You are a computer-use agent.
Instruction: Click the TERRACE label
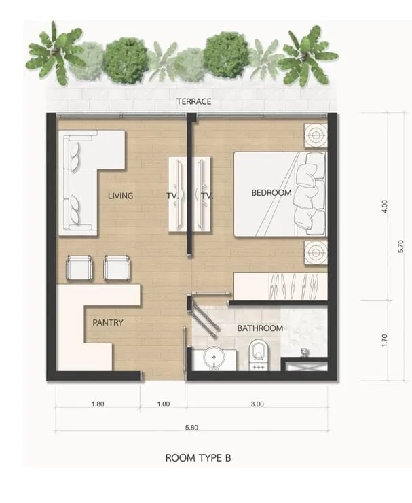[x=194, y=101]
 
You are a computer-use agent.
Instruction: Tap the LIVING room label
[x=120, y=196]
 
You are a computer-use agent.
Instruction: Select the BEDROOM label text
[x=271, y=193]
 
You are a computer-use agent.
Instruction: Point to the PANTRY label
[x=108, y=322]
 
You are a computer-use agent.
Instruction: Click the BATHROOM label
[x=260, y=328]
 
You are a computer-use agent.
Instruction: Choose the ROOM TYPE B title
[x=198, y=457]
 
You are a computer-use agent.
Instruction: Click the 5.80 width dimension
[x=191, y=428]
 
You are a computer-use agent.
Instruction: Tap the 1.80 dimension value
[x=98, y=404]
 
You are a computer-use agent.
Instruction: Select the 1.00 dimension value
[x=164, y=404]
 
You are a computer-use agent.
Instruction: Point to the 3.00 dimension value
[x=257, y=404]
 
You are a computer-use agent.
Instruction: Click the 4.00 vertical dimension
[x=385, y=206]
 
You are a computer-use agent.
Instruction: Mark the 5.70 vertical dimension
[x=401, y=246]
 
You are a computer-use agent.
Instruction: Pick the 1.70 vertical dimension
[x=385, y=341]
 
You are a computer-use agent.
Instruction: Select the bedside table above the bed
[x=316, y=135]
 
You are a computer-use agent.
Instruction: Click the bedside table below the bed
[x=316, y=253]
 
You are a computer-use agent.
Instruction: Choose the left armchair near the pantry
[x=80, y=267]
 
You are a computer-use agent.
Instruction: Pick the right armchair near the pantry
[x=117, y=267]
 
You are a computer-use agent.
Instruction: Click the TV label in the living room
[x=172, y=196]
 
